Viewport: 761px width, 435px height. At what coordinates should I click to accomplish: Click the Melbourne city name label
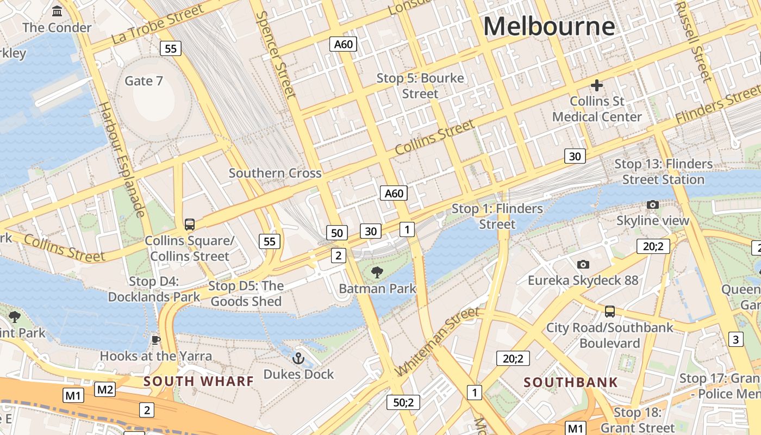pos(549,26)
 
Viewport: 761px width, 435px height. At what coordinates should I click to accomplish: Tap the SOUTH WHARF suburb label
pos(198,381)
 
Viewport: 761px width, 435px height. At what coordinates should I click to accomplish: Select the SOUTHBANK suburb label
pos(571,382)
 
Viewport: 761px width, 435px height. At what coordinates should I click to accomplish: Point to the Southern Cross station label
pos(275,173)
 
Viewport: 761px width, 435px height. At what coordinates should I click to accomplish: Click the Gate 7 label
pos(144,81)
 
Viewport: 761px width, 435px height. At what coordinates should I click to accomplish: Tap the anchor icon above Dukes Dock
pos(298,358)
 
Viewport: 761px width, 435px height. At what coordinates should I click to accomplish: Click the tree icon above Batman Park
pos(377,272)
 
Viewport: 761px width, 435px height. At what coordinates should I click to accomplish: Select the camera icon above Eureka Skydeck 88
pos(583,264)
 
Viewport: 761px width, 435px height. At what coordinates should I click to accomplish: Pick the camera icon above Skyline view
pos(653,204)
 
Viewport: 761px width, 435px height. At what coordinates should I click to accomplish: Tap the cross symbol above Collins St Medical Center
pos(597,85)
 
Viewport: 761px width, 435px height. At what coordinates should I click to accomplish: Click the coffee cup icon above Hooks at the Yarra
pos(156,340)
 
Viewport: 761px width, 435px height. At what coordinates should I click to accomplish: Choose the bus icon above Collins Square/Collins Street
pos(190,224)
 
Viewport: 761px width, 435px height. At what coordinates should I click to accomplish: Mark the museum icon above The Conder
pos(57,11)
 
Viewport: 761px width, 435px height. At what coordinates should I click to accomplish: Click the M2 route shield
pos(105,389)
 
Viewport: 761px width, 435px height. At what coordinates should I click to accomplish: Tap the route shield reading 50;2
pos(403,402)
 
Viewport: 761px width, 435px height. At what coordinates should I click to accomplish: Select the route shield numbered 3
pos(736,339)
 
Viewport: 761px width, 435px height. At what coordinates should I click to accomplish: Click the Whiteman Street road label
pos(438,341)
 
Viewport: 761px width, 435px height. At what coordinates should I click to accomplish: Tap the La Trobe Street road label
pos(158,24)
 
